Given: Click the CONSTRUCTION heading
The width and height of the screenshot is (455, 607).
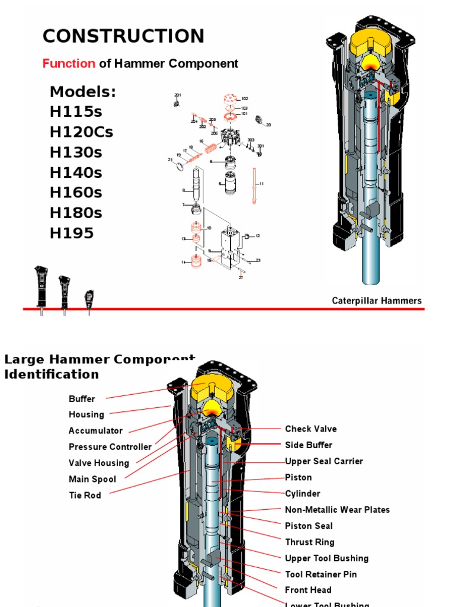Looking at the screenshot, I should [x=123, y=36].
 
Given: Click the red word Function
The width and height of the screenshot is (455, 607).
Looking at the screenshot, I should [x=69, y=63].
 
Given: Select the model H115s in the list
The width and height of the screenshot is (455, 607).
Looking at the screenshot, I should [x=75, y=112].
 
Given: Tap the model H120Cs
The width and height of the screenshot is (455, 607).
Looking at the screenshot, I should [x=81, y=132].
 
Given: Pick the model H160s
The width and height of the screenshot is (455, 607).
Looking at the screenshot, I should [x=76, y=193].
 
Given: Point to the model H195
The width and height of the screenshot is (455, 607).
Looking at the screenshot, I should [x=72, y=233].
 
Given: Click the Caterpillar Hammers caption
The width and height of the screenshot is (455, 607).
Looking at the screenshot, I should [x=376, y=301].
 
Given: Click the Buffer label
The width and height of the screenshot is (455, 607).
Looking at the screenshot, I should [x=82, y=399].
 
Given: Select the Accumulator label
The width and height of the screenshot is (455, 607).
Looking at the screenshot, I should [x=95, y=431].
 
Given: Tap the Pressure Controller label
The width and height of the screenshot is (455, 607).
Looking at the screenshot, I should [x=110, y=447].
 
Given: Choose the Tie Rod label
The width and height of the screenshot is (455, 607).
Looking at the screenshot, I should [x=85, y=496].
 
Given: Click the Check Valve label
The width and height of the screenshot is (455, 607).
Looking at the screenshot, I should [x=310, y=429].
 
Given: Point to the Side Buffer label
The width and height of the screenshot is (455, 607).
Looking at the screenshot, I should [x=309, y=445].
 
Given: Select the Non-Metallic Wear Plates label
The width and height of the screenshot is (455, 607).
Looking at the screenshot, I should [x=337, y=510].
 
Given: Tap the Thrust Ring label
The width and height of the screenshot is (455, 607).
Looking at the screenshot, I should [x=309, y=542].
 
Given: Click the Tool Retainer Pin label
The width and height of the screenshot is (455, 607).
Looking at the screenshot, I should [x=321, y=574].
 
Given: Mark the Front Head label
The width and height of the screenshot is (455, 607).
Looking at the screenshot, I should [x=308, y=590].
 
